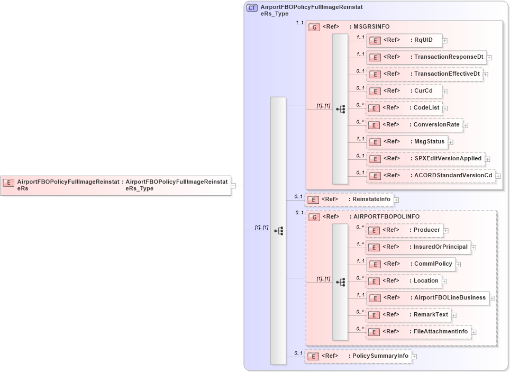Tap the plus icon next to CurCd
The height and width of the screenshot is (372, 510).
445,91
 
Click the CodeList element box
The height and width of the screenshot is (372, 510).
404,108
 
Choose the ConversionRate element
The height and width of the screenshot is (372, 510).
414,125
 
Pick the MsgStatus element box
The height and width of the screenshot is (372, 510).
407,142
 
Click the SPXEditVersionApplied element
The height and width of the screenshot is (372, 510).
425,159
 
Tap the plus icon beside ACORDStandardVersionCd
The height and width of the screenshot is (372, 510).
498,176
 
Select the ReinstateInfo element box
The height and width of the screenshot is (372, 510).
349,199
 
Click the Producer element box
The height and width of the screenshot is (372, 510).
405,230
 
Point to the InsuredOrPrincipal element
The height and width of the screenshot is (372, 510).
418,247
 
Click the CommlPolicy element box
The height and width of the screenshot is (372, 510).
411,264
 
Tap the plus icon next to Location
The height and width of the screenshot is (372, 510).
444,281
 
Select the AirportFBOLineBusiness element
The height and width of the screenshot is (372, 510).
427,298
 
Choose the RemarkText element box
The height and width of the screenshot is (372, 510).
408,315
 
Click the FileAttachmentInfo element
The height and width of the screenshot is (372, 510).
418,332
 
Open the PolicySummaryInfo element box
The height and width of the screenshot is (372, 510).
358,356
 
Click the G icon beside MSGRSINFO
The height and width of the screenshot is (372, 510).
314,27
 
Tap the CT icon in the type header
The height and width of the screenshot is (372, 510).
252,8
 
